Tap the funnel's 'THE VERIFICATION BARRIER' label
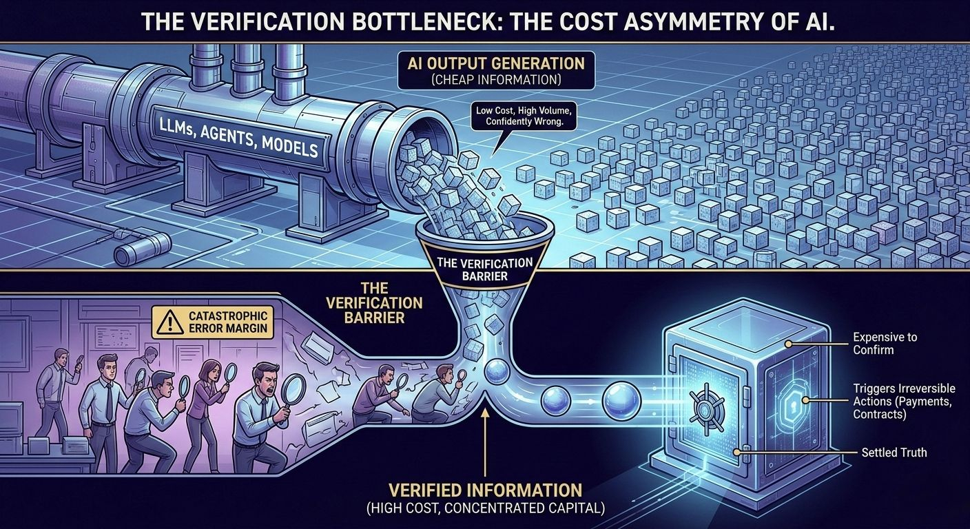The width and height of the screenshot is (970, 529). click(487, 269)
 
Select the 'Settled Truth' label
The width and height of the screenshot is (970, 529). click(894, 453)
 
